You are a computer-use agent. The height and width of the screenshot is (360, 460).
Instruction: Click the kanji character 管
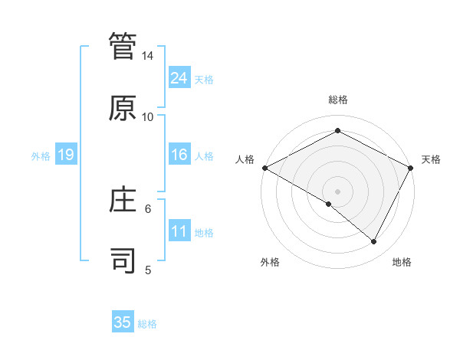(x=123, y=47)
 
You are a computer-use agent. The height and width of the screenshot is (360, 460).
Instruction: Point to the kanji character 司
(x=123, y=260)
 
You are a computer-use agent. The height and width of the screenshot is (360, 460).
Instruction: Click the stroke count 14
(x=148, y=56)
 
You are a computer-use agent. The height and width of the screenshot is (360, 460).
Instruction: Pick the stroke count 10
(x=148, y=116)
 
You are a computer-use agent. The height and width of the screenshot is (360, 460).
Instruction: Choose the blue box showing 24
(x=179, y=77)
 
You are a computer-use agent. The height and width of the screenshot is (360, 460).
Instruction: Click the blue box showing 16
(x=179, y=155)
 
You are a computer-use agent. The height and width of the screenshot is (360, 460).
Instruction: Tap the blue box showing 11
(x=179, y=231)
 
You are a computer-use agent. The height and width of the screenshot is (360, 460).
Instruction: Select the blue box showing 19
(x=66, y=155)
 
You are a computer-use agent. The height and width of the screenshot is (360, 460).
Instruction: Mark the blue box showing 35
(x=123, y=322)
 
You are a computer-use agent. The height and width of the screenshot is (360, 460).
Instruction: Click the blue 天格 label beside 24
(x=204, y=79)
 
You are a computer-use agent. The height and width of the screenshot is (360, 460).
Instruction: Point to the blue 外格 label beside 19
(x=41, y=155)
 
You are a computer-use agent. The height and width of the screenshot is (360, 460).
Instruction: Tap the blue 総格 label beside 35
(x=147, y=324)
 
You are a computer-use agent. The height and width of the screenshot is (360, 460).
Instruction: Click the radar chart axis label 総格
(x=338, y=100)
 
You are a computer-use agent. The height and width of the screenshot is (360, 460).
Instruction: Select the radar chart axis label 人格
(x=245, y=159)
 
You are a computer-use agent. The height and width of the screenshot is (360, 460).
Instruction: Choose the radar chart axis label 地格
(x=402, y=263)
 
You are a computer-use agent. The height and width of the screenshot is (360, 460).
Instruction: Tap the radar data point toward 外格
(x=329, y=204)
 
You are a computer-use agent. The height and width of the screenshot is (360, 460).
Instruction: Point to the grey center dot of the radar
(x=338, y=191)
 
